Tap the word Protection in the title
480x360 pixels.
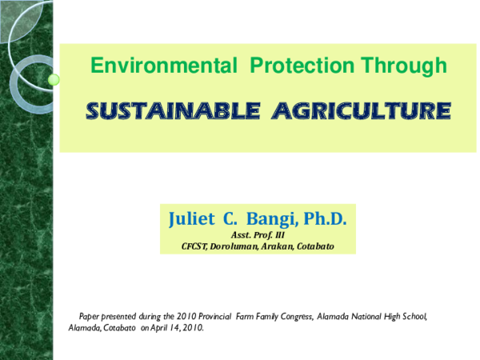coord(296,66)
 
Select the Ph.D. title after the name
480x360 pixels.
coord(331,218)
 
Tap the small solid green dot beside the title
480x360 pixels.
coord(54,79)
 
